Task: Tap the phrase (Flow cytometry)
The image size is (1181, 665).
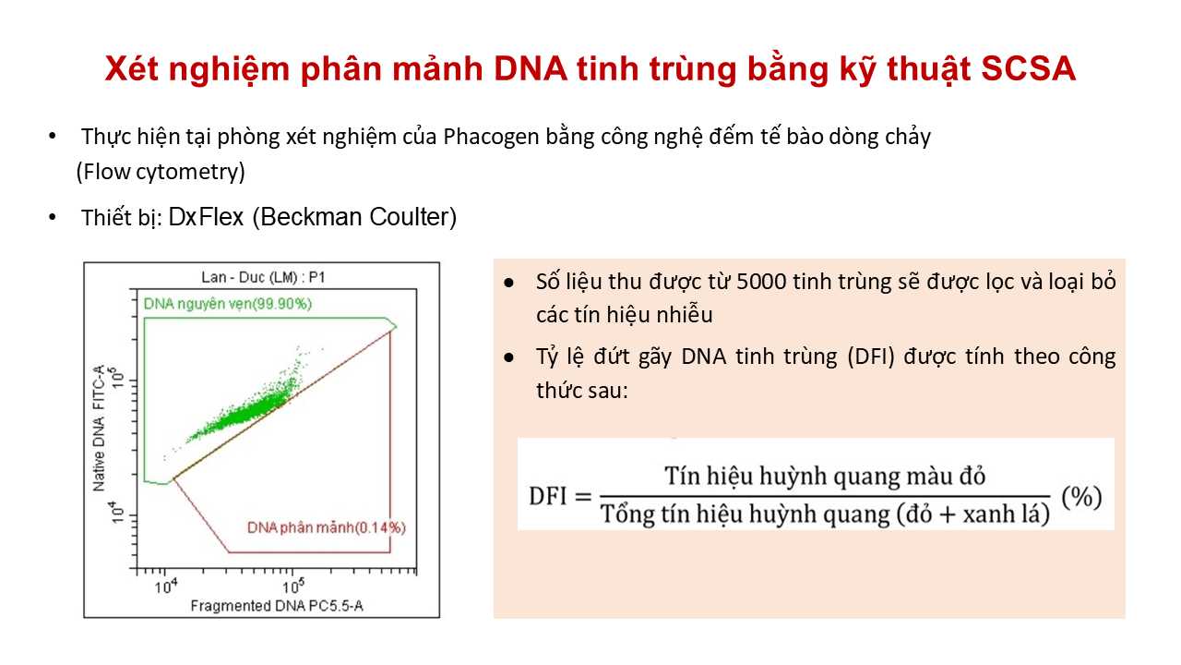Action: [x=161, y=172]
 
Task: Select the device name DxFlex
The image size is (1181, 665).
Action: [x=206, y=217]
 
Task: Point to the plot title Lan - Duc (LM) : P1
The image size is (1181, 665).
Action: [x=263, y=277]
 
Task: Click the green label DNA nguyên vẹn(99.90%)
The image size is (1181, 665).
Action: [x=228, y=304]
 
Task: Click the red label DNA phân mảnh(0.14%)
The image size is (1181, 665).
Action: [x=327, y=527]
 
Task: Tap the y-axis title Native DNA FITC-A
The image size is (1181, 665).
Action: [x=99, y=428]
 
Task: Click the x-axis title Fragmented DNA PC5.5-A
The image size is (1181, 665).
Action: [x=277, y=606]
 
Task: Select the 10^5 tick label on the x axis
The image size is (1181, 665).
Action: [x=293, y=586]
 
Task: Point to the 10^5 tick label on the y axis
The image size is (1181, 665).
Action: [x=117, y=379]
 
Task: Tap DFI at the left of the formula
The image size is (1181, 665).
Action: [x=547, y=496]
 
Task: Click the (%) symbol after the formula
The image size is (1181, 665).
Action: [x=1081, y=497]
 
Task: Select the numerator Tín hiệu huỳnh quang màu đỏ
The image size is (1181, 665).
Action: [x=825, y=476]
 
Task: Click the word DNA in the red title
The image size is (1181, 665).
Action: [x=531, y=69]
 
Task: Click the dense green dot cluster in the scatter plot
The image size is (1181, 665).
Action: [x=243, y=413]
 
